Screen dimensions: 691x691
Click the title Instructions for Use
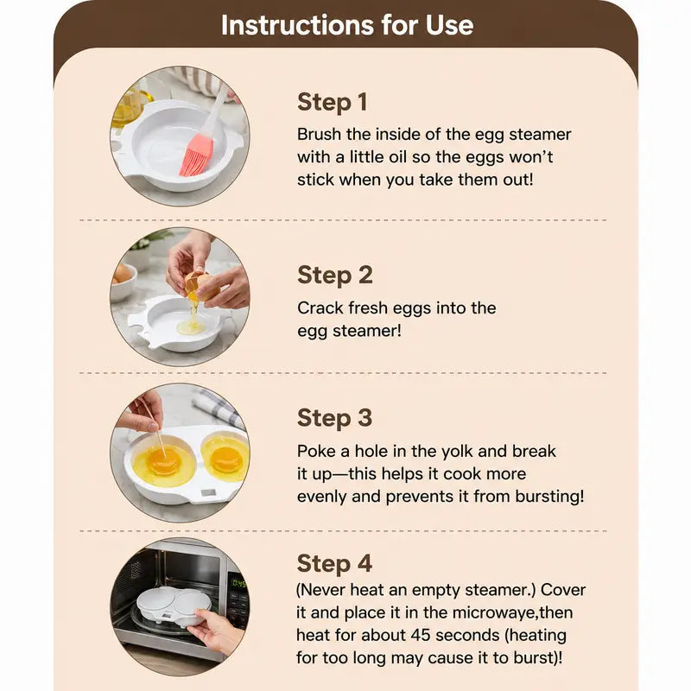pos(347,25)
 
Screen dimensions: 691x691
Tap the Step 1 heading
pos(333,103)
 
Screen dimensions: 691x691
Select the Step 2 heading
pos(335,276)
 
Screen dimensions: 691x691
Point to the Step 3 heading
pos(335,418)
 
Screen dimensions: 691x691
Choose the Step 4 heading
pos(335,564)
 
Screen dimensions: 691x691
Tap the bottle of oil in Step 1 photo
pos(129,107)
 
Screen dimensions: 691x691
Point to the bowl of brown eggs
pos(122,282)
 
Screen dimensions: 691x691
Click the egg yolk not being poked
pos(226,459)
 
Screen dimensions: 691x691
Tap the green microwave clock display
pos(238,584)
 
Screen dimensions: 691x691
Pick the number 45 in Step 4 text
pos(420,635)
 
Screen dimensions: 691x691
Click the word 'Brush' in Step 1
pos(320,134)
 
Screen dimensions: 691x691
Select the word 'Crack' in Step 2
pos(320,307)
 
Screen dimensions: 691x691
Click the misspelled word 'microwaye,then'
pos(512,613)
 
